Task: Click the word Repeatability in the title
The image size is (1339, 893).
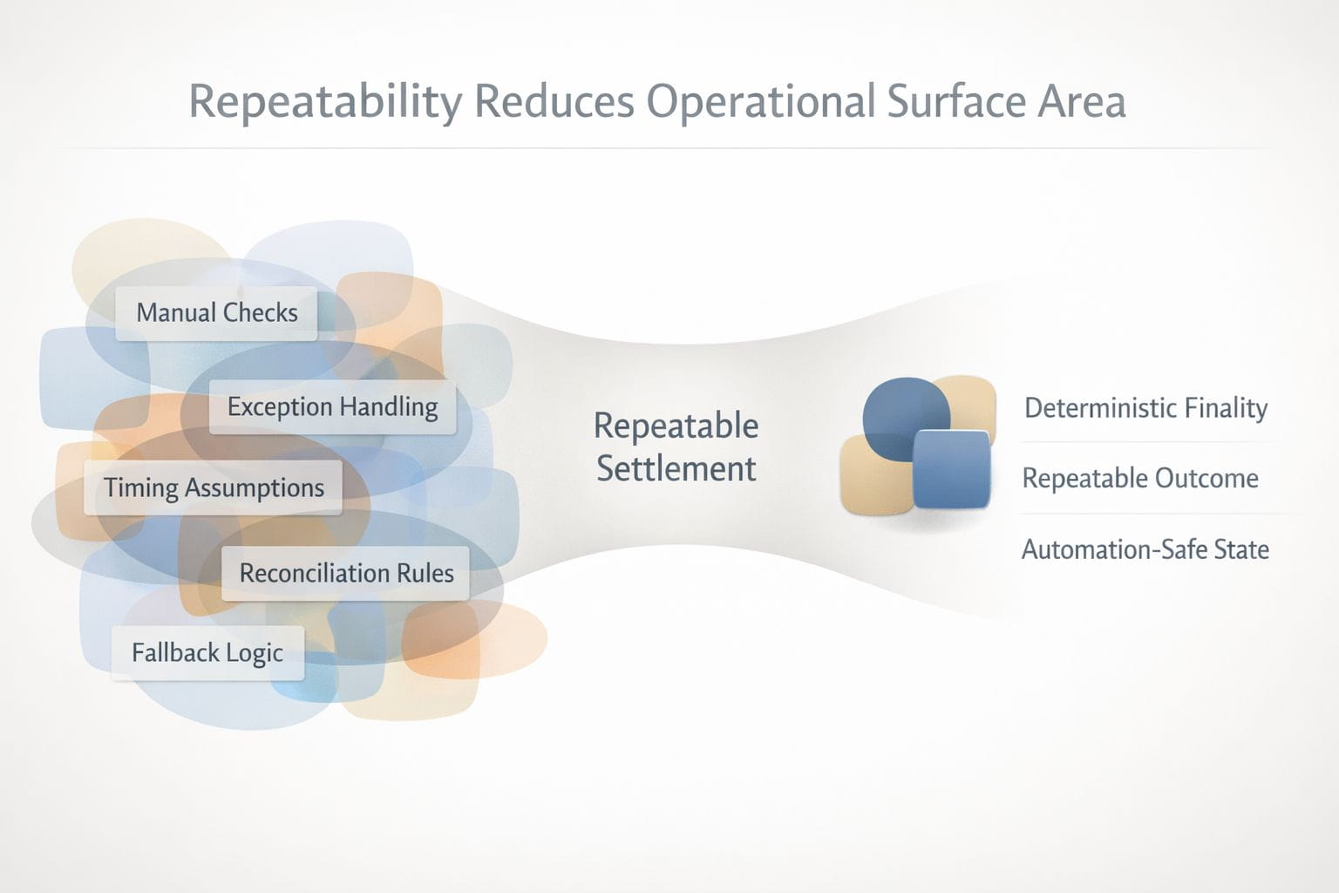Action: point(325,102)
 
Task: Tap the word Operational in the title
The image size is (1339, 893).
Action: point(761,102)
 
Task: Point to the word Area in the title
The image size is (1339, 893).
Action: point(1081,102)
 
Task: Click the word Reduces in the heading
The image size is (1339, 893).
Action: point(554,101)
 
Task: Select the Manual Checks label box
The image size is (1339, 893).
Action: point(216,313)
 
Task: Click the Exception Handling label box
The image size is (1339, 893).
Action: point(332,407)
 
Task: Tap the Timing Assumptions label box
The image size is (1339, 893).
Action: point(214,487)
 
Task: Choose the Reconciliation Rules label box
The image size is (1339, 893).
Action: point(345,573)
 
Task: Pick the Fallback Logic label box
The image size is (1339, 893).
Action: point(207,652)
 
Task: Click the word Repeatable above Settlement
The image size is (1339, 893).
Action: point(676,426)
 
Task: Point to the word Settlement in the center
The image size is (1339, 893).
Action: point(676,468)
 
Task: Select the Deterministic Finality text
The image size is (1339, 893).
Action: point(1146,408)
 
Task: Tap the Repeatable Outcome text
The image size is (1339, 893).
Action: point(1140,479)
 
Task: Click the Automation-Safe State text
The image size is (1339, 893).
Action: point(1145,549)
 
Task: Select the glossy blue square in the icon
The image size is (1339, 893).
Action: point(952,469)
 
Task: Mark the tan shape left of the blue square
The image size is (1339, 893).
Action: point(876,475)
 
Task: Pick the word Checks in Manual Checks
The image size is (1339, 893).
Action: point(261,313)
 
